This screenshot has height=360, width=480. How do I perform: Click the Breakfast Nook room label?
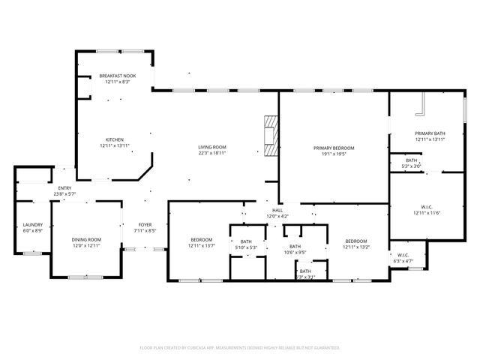tap(118, 76)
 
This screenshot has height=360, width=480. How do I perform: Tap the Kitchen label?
tap(114, 140)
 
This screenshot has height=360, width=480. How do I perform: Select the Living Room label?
tap(212, 147)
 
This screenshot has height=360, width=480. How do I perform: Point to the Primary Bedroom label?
tap(334, 148)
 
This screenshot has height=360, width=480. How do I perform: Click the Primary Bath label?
tap(430, 133)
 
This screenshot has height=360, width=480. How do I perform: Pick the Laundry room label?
tap(32, 224)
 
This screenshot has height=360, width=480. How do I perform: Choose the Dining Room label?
tap(86, 239)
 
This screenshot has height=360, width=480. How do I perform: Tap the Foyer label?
tap(145, 224)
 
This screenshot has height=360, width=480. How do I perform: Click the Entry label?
tap(64, 188)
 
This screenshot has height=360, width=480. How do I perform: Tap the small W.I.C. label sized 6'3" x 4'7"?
tap(403, 256)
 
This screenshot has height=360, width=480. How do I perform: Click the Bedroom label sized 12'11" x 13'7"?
tap(201, 239)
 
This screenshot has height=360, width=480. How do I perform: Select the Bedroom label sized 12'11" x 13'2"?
tap(355, 241)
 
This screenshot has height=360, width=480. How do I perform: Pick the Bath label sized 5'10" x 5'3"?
tap(246, 241)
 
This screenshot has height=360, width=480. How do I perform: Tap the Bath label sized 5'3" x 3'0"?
tap(412, 160)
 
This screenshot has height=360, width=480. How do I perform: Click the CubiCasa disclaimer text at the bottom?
tap(240, 348)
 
